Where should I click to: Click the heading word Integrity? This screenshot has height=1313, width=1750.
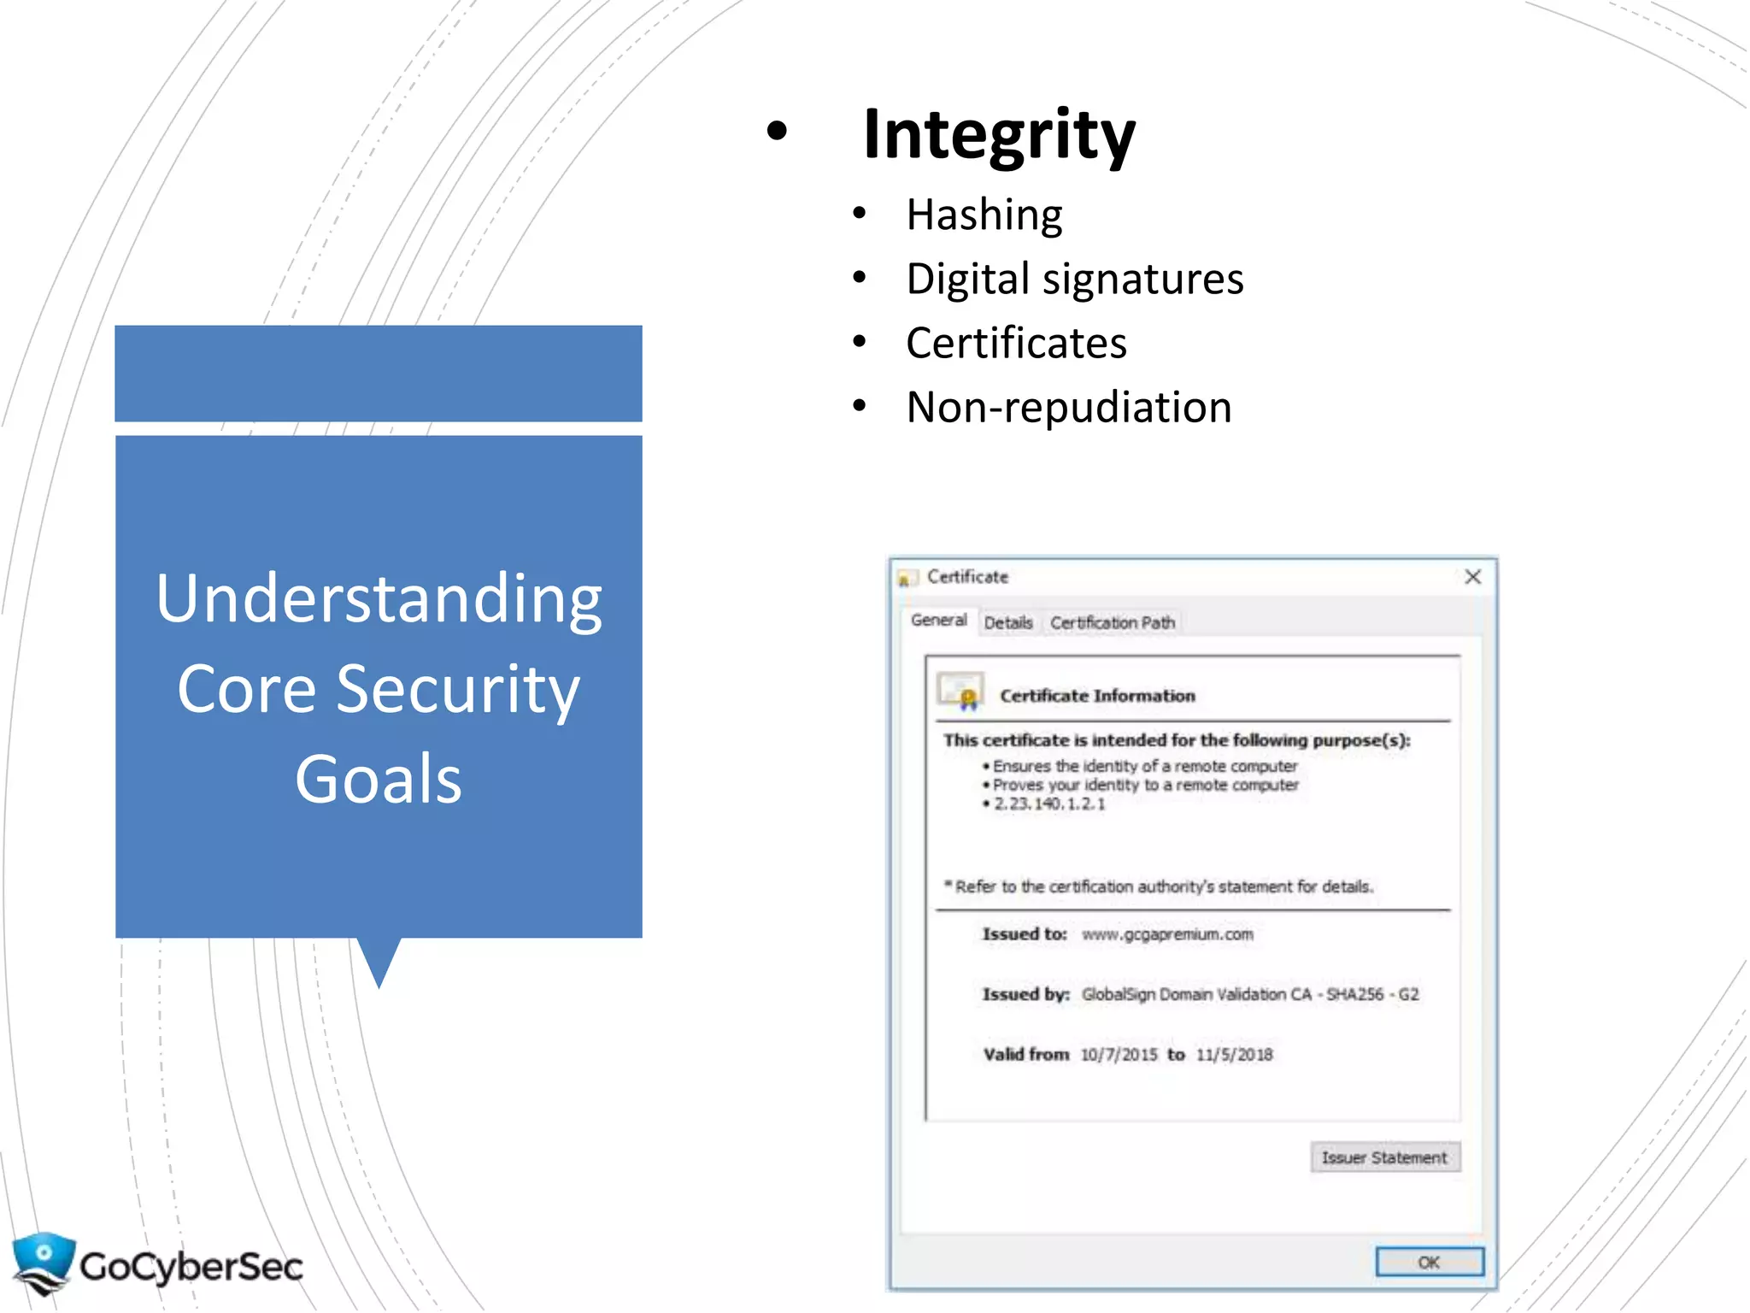[999, 134]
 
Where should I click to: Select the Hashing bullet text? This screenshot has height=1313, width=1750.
[984, 215]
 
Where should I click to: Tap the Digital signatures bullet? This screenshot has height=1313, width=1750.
[1074, 280]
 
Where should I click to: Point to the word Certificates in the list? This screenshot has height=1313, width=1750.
[1016, 344]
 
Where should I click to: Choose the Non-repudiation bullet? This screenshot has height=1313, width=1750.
[1068, 408]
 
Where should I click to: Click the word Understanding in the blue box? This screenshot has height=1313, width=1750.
[379, 599]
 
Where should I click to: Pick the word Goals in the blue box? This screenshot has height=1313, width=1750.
[379, 780]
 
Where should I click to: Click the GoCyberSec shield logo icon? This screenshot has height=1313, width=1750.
[43, 1263]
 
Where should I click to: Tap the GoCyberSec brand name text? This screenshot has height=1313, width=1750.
[191, 1266]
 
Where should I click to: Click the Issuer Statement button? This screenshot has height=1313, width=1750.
[1384, 1157]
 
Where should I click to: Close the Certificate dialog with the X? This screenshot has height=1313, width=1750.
[1472, 577]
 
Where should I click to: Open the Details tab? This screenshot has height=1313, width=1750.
[1008, 622]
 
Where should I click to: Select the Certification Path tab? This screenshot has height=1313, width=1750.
[1113, 622]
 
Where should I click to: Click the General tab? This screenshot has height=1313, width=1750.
[938, 621]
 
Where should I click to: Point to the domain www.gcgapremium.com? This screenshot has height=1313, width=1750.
[1167, 934]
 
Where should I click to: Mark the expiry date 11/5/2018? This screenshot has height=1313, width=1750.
[1234, 1055]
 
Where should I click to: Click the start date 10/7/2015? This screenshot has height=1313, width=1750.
[1119, 1055]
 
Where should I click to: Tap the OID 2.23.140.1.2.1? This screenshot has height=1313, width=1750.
[1049, 804]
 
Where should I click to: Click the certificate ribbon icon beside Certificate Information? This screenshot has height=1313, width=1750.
[960, 692]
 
